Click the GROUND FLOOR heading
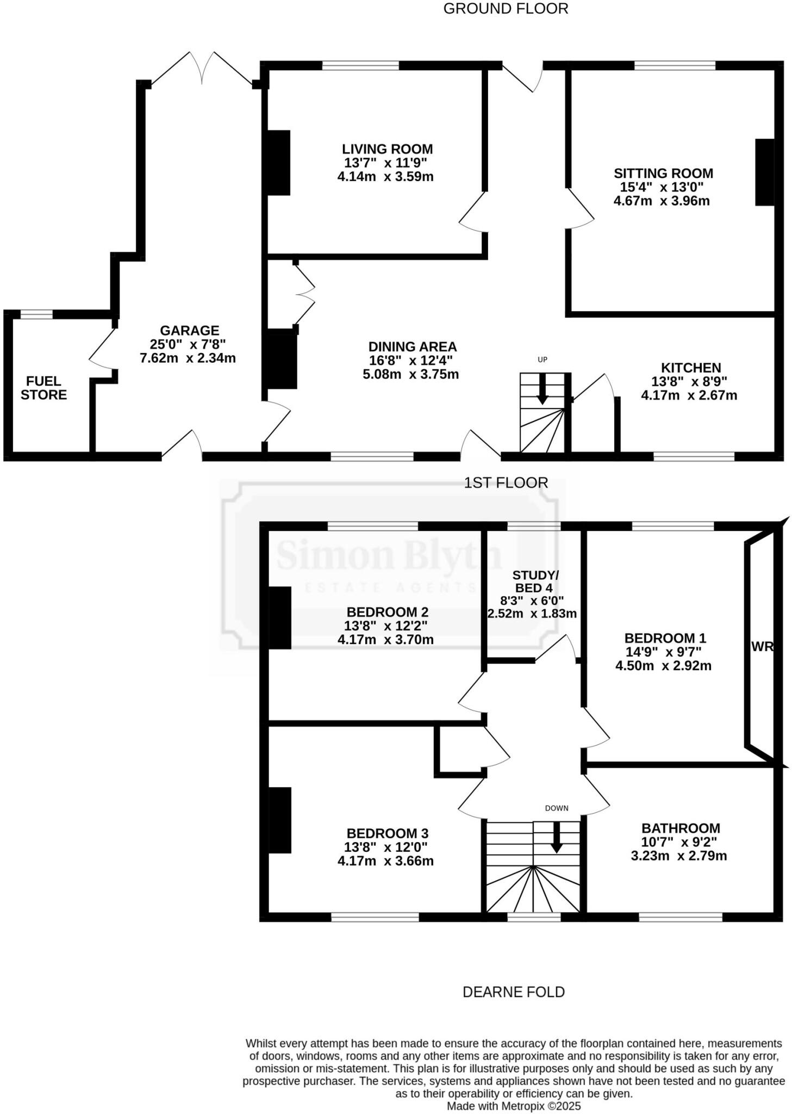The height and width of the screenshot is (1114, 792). (x=505, y=9)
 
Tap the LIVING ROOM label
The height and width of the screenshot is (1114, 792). (x=387, y=148)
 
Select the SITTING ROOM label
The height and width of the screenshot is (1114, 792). (x=663, y=173)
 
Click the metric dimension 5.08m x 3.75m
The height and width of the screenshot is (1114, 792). (x=410, y=374)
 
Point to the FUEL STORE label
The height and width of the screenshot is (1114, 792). (x=43, y=388)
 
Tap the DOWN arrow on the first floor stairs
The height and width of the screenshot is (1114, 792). (x=556, y=837)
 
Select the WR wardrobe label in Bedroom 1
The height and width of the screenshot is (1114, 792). (x=761, y=647)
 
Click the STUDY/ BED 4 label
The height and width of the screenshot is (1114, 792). (x=535, y=581)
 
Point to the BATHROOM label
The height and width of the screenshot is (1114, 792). (x=681, y=828)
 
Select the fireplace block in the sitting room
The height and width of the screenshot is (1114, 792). (x=764, y=172)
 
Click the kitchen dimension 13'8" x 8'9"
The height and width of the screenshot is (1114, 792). (x=689, y=381)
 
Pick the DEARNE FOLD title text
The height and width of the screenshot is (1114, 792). (x=513, y=992)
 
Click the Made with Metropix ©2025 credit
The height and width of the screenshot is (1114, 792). (x=513, y=1106)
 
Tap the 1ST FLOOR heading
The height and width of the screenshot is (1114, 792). (x=506, y=482)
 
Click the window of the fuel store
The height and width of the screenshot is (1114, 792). (x=36, y=314)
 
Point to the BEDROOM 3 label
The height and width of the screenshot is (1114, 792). (x=387, y=833)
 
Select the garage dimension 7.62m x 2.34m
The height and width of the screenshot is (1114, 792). (x=188, y=358)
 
